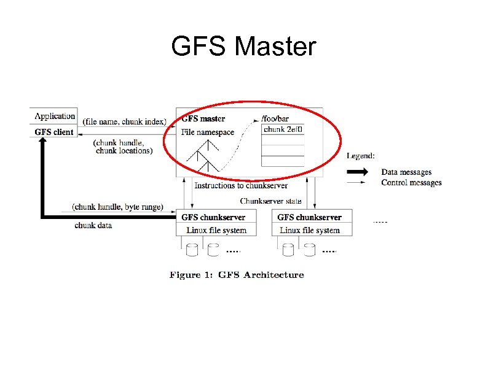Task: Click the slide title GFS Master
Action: tap(243, 47)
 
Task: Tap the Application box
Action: tap(54, 116)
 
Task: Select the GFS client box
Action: tap(54, 132)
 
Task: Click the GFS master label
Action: tap(203, 119)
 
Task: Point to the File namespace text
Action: tap(208, 132)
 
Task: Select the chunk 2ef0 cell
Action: tap(283, 129)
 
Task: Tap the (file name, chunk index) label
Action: tap(125, 121)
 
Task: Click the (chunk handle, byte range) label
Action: tap(117, 207)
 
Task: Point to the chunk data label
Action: tap(93, 225)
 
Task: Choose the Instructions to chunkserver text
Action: tap(241, 185)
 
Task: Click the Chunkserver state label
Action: tap(270, 201)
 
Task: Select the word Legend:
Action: tap(361, 156)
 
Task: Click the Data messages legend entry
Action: tap(406, 172)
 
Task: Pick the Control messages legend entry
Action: tap(411, 182)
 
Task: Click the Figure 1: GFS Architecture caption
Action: tap(237, 275)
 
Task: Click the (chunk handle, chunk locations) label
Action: tap(123, 147)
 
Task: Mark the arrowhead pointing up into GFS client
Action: tap(42, 142)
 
